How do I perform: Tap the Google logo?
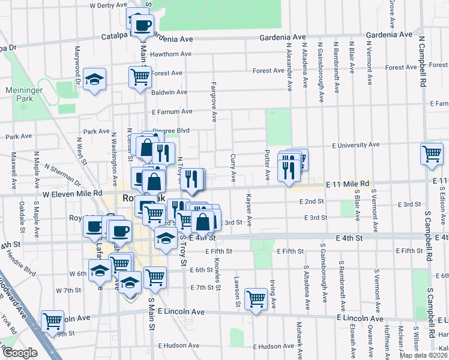(19, 353)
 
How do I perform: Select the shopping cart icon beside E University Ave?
(432, 154)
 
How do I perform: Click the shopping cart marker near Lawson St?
(256, 298)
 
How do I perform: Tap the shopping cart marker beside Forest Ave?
(140, 76)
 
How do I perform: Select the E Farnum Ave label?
(172, 112)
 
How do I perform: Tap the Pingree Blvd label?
(175, 130)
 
